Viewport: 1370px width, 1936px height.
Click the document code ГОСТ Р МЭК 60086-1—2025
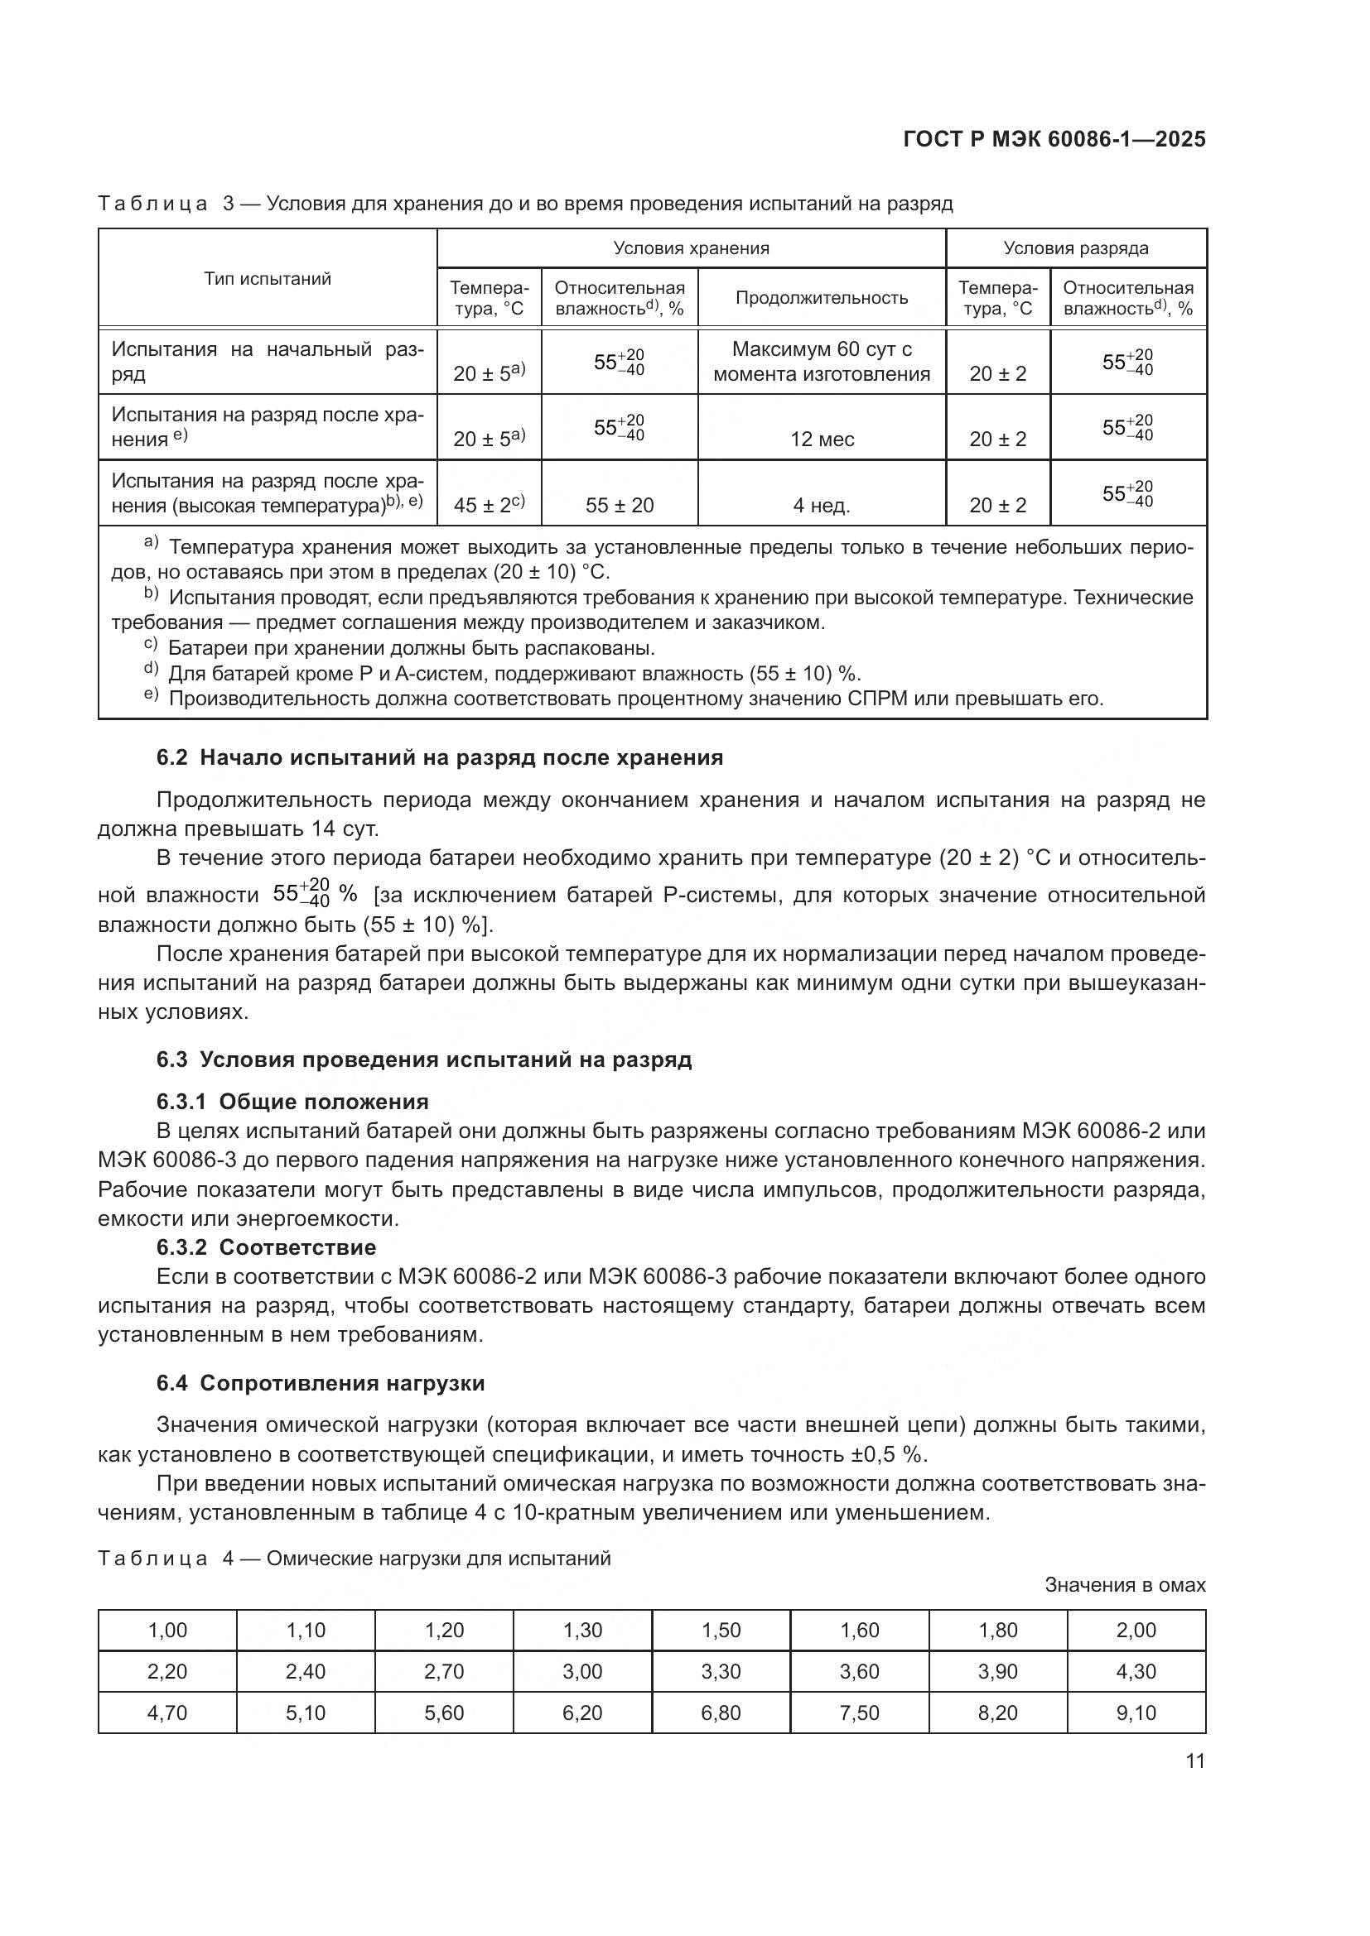[1054, 140]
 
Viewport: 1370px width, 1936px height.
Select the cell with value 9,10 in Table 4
[1136, 1713]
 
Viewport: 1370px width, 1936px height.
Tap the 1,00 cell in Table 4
[167, 1630]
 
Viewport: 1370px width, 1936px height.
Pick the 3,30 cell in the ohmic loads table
[721, 1671]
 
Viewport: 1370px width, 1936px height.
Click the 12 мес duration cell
[822, 440]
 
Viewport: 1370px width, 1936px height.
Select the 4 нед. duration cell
[822, 506]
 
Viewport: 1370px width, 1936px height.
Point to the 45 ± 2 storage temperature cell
[489, 505]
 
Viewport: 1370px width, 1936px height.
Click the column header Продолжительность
[822, 298]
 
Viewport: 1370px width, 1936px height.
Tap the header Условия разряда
[1076, 248]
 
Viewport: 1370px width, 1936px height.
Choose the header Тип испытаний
[268, 279]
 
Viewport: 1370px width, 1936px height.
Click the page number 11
[1194, 1761]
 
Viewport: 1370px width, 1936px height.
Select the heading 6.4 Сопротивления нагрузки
[321, 1383]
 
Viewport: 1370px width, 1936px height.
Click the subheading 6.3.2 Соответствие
[266, 1247]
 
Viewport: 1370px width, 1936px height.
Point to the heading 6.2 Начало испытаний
[440, 757]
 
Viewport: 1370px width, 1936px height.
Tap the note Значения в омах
[1125, 1584]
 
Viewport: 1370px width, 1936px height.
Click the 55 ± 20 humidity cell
[620, 506]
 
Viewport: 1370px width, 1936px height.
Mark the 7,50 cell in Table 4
[859, 1713]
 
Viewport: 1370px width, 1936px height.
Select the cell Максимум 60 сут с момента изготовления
[822, 362]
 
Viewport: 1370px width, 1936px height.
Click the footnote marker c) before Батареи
[150, 646]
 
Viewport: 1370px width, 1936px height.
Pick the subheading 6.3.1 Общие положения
[292, 1102]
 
